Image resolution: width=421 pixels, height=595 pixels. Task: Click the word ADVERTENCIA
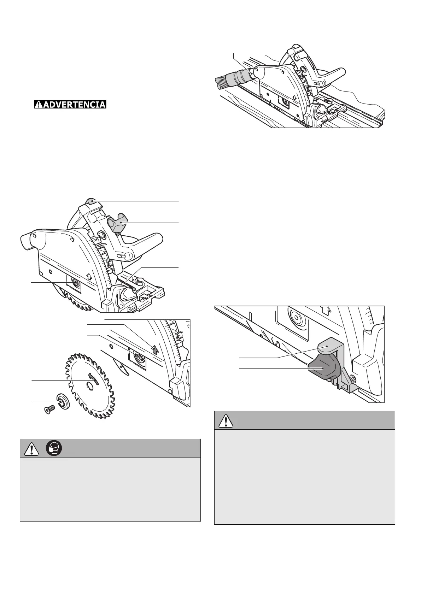70,105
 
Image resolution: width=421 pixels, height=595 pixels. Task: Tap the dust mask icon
54,448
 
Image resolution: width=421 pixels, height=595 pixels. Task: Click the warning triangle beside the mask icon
31,449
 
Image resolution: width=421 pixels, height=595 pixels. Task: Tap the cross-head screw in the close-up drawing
353,380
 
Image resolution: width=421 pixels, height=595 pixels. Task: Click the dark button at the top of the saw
91,201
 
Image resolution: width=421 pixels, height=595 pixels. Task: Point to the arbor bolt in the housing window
75,282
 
